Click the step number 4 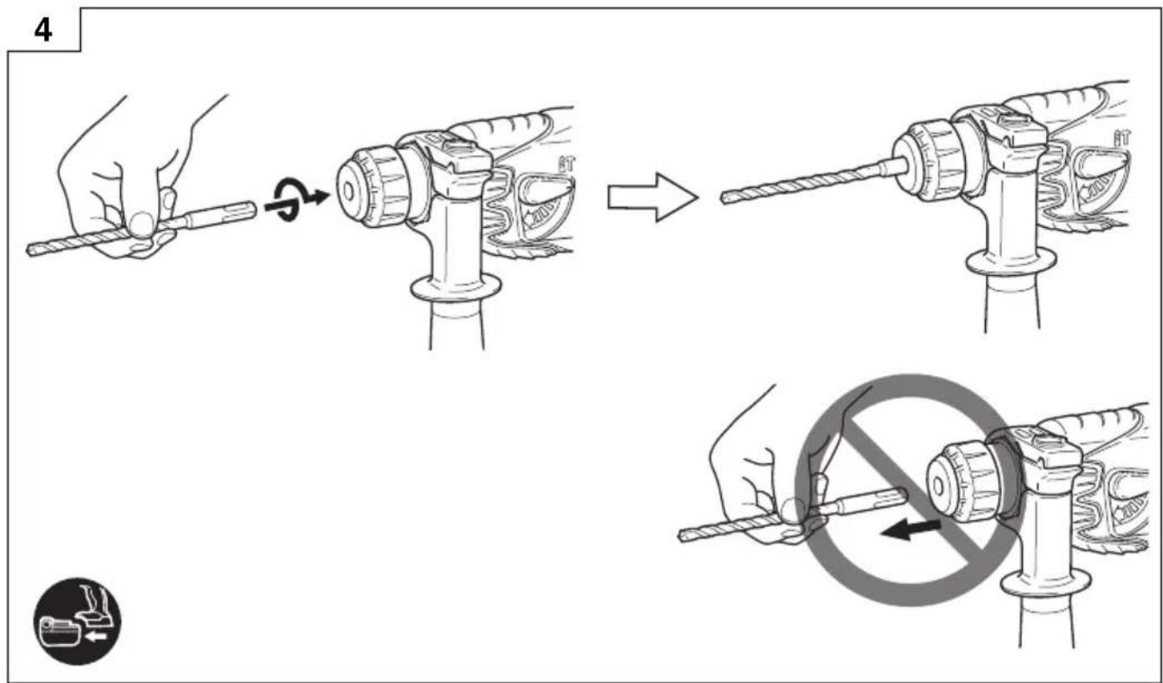click(43, 31)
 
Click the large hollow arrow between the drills click(653, 197)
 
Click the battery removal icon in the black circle click(78, 621)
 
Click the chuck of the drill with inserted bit click(929, 162)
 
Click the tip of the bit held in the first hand click(29, 251)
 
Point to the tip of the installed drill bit click(724, 198)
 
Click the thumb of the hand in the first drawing click(142, 224)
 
